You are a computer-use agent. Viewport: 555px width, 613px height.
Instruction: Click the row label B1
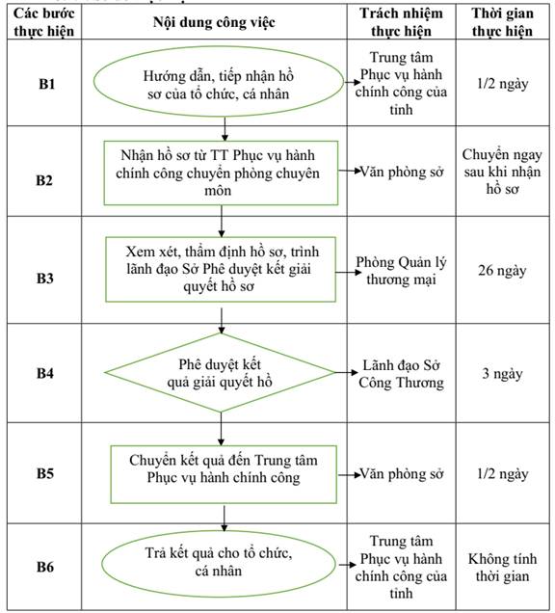46,84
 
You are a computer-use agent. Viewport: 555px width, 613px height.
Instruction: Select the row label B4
45,373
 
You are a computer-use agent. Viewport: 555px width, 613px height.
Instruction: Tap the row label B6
45,567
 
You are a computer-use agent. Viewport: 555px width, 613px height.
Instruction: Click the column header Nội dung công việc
214,22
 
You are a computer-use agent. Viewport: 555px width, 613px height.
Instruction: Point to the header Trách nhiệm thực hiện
402,22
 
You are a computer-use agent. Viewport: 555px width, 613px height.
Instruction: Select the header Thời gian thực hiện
502,22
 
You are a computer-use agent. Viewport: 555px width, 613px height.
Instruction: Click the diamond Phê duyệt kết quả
220,373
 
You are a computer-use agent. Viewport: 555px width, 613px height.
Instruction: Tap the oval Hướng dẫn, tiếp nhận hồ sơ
218,81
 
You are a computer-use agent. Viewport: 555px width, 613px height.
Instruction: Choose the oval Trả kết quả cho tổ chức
219,563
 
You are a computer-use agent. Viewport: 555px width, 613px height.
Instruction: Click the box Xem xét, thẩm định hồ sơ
221,269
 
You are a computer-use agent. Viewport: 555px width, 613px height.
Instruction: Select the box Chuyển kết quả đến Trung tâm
224,474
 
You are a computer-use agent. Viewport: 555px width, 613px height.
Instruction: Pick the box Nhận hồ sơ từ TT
221,173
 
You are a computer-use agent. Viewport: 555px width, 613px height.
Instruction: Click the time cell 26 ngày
502,271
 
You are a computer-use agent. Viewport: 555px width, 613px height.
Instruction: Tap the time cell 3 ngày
502,373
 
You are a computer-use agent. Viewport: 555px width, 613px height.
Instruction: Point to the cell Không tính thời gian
502,568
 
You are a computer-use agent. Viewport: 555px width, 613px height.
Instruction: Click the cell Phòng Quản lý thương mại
401,271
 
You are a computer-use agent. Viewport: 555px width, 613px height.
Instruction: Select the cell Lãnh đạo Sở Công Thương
402,374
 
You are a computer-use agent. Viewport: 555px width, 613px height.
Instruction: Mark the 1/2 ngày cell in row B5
502,474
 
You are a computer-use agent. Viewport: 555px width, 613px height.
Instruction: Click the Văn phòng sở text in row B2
402,172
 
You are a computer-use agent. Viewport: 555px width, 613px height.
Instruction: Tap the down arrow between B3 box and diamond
222,321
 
